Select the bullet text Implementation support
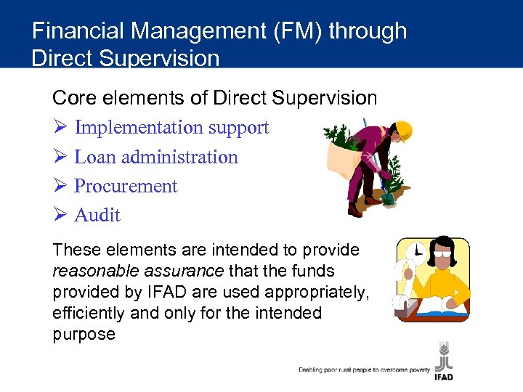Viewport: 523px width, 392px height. [171, 128]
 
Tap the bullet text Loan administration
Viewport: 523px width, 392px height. [156, 157]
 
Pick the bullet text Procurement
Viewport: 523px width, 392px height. [126, 186]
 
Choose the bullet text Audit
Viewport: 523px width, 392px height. [97, 215]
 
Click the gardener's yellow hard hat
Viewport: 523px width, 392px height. [402, 130]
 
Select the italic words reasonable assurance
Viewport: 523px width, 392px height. [139, 271]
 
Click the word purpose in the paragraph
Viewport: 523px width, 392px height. [84, 334]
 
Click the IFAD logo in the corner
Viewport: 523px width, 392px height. [444, 359]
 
